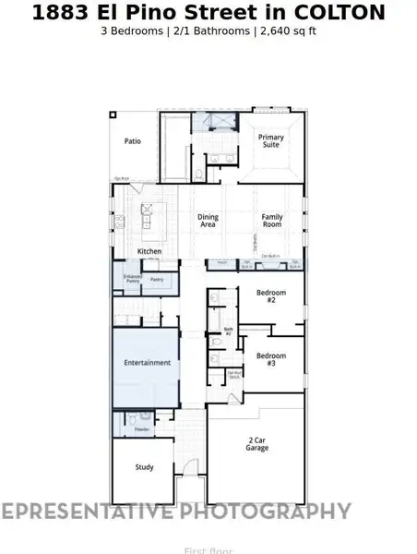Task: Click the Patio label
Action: (x=134, y=141)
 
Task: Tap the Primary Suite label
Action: (x=271, y=141)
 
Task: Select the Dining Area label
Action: (x=208, y=221)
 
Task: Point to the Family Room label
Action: (x=271, y=221)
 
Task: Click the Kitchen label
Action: (x=149, y=251)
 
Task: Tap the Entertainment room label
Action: (x=148, y=363)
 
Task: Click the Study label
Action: (x=144, y=467)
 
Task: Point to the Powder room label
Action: (x=142, y=429)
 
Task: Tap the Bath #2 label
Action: (x=228, y=331)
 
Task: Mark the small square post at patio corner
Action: (x=113, y=114)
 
